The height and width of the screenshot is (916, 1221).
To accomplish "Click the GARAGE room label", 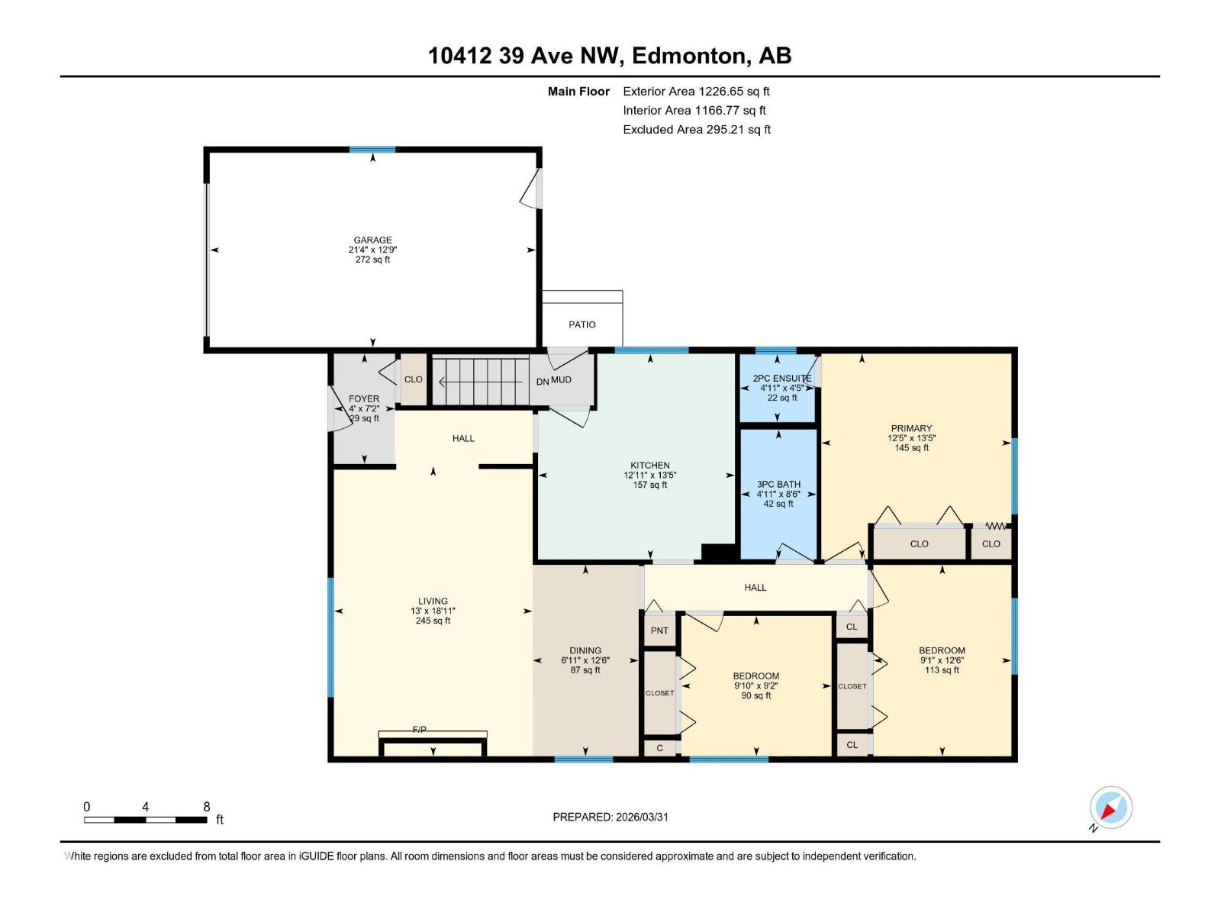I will pyautogui.click(x=372, y=240).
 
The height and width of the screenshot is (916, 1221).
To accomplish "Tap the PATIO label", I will pyautogui.click(x=582, y=324).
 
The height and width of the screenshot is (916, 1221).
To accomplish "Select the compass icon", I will pyautogui.click(x=1111, y=808).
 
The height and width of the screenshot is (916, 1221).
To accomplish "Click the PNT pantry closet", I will pyautogui.click(x=659, y=631).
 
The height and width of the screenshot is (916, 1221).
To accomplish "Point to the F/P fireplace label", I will pyautogui.click(x=420, y=730).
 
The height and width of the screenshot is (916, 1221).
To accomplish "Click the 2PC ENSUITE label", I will pyautogui.click(x=781, y=378).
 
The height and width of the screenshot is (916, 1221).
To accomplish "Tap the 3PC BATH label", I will pyautogui.click(x=778, y=484).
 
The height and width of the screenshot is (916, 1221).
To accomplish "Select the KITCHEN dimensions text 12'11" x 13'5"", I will pyautogui.click(x=649, y=475).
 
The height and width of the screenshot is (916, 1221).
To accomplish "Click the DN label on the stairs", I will pyautogui.click(x=542, y=382).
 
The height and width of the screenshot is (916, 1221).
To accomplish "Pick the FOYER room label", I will pyautogui.click(x=364, y=398).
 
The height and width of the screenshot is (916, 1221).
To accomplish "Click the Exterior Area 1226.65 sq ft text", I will pyautogui.click(x=696, y=91).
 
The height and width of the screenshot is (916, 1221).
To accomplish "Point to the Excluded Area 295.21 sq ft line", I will pyautogui.click(x=696, y=129).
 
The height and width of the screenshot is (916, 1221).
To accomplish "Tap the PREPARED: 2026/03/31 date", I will pyautogui.click(x=610, y=817).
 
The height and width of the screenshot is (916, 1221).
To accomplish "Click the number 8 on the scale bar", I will pyautogui.click(x=206, y=807).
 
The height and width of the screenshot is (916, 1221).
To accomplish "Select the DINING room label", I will pyautogui.click(x=585, y=650).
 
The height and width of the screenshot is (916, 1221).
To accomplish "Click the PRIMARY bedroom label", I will pyautogui.click(x=911, y=428).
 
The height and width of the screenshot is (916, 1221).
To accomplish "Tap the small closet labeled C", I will pyautogui.click(x=659, y=748).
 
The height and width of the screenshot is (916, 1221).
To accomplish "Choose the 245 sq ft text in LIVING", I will pyautogui.click(x=433, y=621).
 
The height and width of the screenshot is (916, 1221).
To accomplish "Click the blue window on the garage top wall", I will pyautogui.click(x=372, y=150).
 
